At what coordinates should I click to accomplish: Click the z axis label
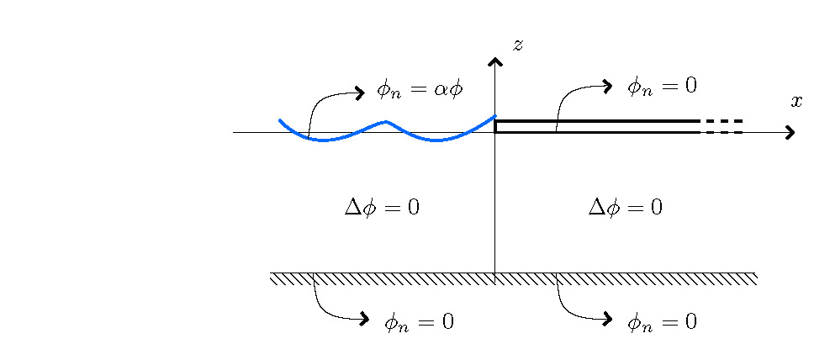518,45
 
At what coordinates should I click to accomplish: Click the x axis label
796,102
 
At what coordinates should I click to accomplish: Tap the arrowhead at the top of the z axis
495,61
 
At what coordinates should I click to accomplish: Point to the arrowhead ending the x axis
790,132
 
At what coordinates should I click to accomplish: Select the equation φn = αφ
420,88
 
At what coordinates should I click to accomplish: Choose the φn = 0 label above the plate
662,85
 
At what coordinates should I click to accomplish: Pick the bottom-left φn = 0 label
419,321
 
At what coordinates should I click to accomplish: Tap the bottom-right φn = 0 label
662,321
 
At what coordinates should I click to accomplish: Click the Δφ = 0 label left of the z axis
382,207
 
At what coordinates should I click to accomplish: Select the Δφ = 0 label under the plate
625,207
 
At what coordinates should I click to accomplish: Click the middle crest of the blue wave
387,122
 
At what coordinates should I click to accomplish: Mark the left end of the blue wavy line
280,121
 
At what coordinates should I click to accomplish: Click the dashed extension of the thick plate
722,126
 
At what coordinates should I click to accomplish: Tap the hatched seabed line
514,278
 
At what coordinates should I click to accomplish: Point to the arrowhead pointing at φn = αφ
360,93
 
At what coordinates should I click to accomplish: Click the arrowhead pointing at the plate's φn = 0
606,85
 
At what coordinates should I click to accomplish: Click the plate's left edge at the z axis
495,126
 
